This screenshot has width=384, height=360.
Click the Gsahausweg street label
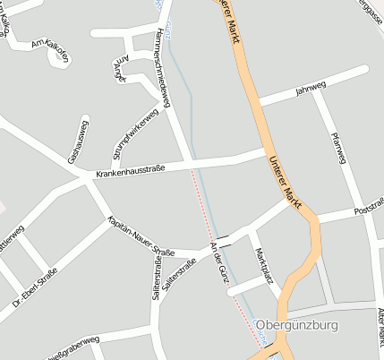(79, 141)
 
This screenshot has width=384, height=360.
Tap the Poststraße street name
(368, 207)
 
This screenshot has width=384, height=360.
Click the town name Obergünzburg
(297, 324)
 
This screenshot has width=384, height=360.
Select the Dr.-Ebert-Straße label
(36, 287)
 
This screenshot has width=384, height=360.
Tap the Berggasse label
(368, 13)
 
